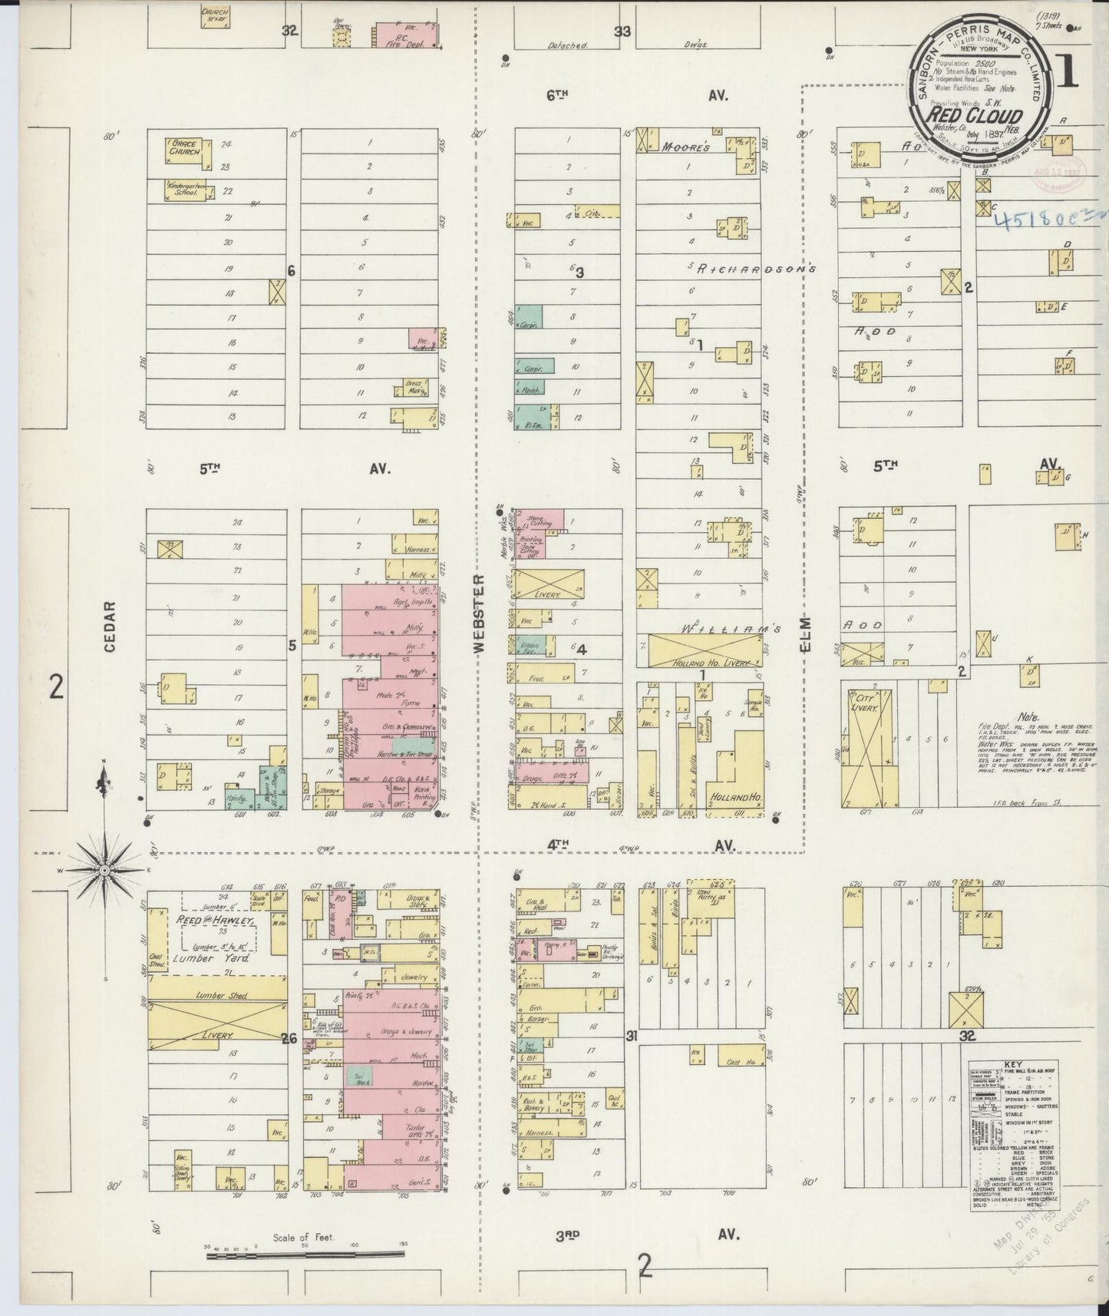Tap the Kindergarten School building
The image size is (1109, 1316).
pos(184,191)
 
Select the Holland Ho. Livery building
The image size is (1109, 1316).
pos(705,651)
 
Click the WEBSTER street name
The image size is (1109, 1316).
pos(480,614)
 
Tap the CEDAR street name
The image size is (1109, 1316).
pos(110,627)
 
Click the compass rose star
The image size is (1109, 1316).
pos(104,870)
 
